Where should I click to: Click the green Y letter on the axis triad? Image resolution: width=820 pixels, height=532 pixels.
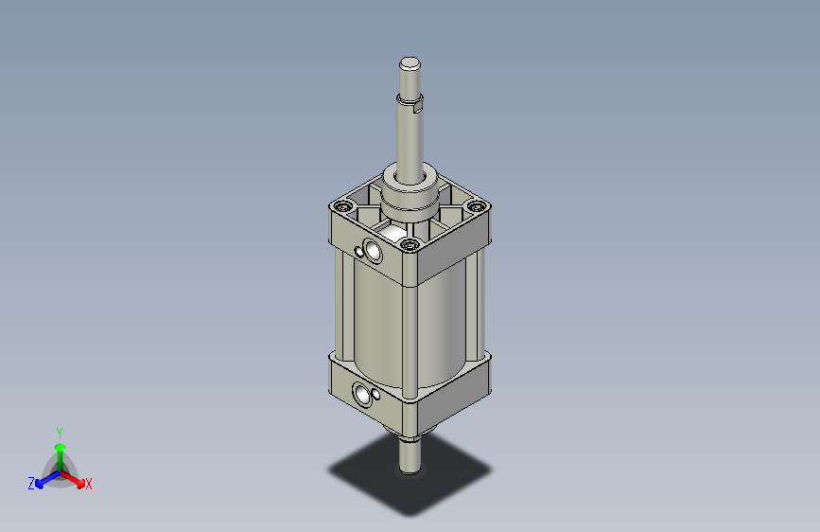(59, 432)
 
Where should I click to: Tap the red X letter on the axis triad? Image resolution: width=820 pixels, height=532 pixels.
(89, 484)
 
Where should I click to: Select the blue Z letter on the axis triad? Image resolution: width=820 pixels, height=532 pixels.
(31, 484)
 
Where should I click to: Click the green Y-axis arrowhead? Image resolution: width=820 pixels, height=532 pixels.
(59, 446)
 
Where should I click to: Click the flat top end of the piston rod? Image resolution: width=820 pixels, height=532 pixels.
(410, 64)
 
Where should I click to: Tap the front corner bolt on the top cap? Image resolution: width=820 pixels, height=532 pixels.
(409, 246)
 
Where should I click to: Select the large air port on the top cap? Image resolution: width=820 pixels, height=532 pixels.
(373, 252)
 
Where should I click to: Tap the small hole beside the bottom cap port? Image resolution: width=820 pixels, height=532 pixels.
(376, 395)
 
